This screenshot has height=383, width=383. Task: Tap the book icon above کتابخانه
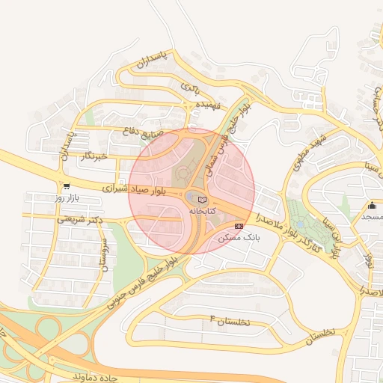pos(201,199)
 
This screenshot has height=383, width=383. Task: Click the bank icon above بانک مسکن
pos(239,226)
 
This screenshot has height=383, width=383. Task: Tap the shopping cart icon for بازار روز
pos(67,186)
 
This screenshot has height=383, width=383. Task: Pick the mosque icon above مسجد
pos(372,206)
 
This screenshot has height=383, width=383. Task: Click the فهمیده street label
pos(207,105)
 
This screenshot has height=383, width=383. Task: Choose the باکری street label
pos(190,88)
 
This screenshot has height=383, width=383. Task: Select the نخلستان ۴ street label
pos(239,320)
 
